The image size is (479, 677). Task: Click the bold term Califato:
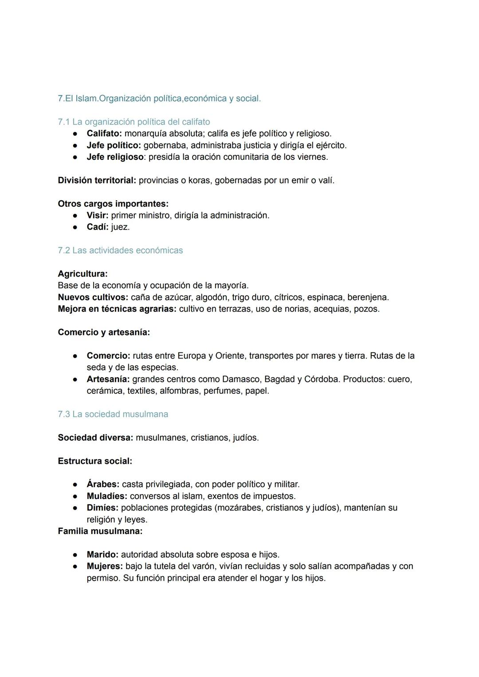[x=104, y=134]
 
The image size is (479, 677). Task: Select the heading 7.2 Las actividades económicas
[x=120, y=250]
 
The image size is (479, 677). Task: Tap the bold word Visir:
[x=98, y=215]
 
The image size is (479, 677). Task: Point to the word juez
[x=120, y=227]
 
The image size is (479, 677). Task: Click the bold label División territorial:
[x=97, y=181]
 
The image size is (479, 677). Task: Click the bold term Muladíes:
[x=107, y=496]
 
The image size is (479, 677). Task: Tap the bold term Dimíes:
[x=102, y=508]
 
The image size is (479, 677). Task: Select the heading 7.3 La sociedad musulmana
[x=113, y=414]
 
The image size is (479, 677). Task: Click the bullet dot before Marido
[x=76, y=555]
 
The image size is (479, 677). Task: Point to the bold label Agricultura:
[x=82, y=274]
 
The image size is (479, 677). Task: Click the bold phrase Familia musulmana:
[x=100, y=531]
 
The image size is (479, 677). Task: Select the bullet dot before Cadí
[x=76, y=227]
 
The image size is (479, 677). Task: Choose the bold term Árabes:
[x=103, y=484]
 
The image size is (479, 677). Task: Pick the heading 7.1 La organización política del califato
[x=134, y=122]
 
